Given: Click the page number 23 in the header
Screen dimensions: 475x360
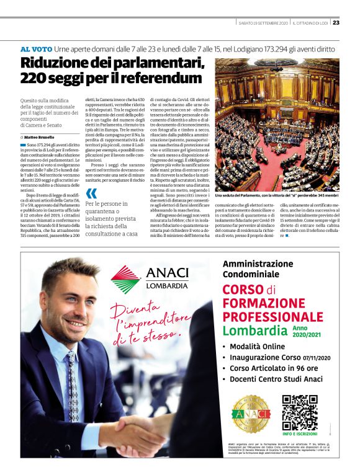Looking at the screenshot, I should tap(336, 23).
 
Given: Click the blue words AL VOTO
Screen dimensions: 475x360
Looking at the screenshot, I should tap(35, 48).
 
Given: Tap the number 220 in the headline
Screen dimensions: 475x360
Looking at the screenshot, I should tap(31, 78).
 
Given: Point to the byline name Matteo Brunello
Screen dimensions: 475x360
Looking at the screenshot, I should tap(38, 137).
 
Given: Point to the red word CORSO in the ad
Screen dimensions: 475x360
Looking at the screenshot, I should tap(243, 290).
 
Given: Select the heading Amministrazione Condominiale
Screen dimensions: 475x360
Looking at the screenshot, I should tap(260, 269).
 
